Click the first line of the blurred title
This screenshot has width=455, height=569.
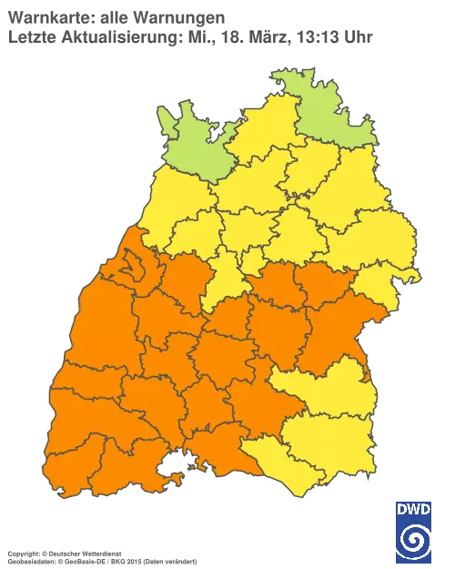(x=118, y=17)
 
